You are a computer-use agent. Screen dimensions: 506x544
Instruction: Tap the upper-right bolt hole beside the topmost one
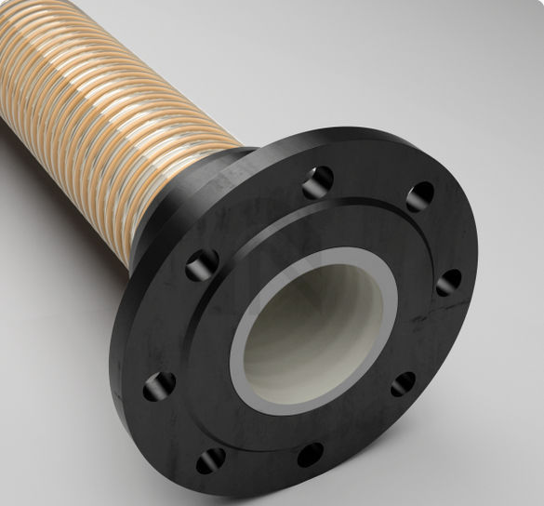(419, 196)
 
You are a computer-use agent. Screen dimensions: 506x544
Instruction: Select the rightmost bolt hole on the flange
(448, 282)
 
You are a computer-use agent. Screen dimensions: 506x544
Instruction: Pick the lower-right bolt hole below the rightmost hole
(403, 382)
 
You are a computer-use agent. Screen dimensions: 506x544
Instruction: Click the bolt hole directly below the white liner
(310, 454)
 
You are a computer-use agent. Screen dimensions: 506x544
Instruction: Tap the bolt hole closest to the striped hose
(202, 266)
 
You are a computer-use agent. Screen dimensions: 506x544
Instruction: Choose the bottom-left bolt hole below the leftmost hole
(211, 459)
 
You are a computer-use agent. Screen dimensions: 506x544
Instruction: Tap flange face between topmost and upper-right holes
(370, 181)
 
